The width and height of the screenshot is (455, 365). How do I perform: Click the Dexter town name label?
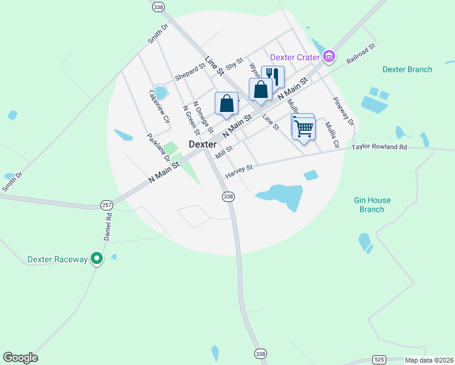(x=203, y=144)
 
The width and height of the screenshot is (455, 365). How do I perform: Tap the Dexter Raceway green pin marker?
(x=97, y=259)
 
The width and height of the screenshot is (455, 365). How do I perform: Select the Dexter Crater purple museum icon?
(x=329, y=57)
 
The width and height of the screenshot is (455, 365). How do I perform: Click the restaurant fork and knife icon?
(x=273, y=78)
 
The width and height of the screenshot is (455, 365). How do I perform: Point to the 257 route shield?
(x=106, y=206)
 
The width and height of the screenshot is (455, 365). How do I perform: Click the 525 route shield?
(x=380, y=360)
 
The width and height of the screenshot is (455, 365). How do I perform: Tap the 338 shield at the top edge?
(x=159, y=7)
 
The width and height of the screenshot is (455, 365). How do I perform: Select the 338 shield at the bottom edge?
(x=260, y=353)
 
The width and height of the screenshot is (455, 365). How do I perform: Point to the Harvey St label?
(x=238, y=171)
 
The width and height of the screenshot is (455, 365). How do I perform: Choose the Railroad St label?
(x=361, y=54)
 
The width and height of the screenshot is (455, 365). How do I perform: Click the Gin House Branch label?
(x=372, y=204)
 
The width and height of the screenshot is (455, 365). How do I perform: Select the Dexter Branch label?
(x=407, y=69)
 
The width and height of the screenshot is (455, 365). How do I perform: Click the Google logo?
(x=20, y=358)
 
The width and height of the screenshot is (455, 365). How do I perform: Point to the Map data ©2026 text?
(x=429, y=360)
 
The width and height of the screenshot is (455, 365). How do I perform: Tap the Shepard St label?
(x=190, y=72)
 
